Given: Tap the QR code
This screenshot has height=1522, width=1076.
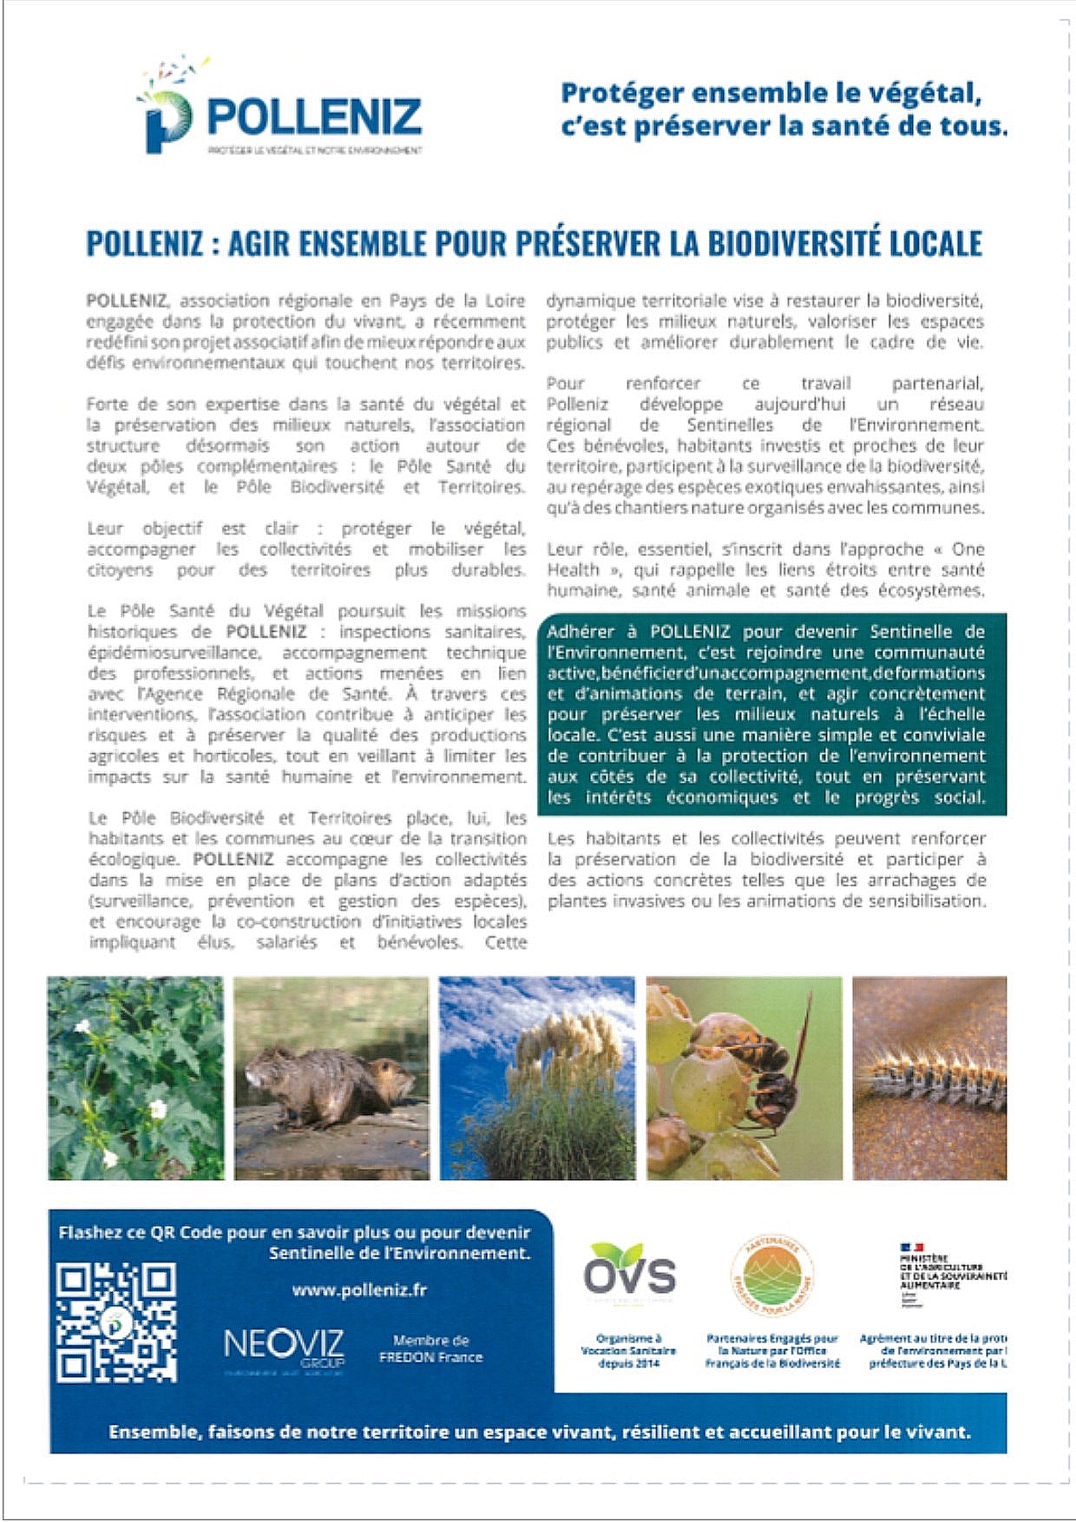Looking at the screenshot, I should (x=116, y=1322).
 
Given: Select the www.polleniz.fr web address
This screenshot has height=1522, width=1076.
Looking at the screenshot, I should (x=359, y=1289).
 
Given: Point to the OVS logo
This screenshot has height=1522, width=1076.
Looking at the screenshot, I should (x=629, y=1273).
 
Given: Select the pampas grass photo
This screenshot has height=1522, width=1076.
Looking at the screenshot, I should (x=536, y=1078).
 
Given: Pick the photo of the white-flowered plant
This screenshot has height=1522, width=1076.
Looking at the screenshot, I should (x=135, y=1078).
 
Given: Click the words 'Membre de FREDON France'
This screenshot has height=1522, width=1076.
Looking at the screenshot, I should (x=430, y=1348).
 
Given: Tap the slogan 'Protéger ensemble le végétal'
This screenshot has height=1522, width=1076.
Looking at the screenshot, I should (x=771, y=93).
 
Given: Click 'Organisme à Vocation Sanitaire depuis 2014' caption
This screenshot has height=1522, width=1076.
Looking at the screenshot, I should (x=628, y=1351).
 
